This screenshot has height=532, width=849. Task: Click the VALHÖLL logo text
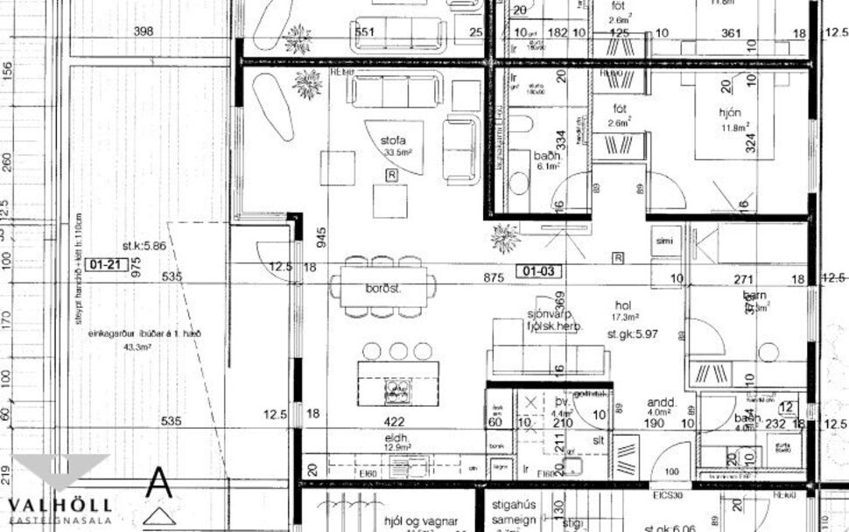tap(60, 505)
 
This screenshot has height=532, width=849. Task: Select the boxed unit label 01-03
tap(537, 270)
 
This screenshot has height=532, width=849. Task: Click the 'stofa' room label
tap(393, 140)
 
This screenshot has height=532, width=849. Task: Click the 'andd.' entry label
tap(658, 403)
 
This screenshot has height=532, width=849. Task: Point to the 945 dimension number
tap(322, 236)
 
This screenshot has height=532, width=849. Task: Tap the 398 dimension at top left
tap(143, 31)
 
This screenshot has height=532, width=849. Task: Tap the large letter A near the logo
tap(158, 482)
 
